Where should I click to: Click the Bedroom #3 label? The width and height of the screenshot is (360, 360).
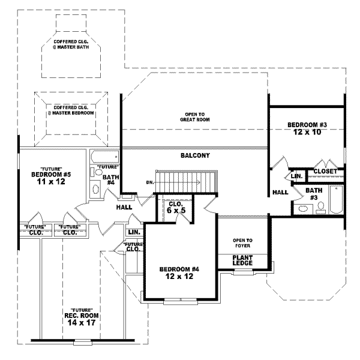click(307, 128)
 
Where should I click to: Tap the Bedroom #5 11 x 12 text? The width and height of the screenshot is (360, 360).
click(51, 178)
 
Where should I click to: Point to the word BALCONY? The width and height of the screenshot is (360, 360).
click(195, 155)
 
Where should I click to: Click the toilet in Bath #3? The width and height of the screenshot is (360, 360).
click(321, 208)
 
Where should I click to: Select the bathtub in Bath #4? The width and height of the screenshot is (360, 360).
click(106, 158)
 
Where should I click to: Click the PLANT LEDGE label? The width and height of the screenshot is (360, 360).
click(243, 260)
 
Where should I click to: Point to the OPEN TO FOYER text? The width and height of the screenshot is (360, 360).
click(243, 242)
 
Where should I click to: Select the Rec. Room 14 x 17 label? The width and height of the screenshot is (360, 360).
click(81, 315)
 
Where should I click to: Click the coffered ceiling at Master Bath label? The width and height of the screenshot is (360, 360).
click(71, 44)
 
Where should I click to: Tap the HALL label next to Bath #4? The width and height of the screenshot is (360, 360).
click(124, 207)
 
